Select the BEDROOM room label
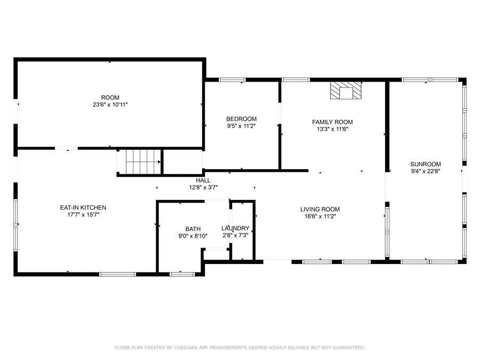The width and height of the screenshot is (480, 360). pyautogui.click(x=241, y=119)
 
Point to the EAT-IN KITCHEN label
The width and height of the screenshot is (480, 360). pyautogui.click(x=83, y=207)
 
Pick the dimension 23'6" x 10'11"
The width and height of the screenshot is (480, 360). pyautogui.click(x=110, y=105)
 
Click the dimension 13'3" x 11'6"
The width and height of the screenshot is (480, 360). pyautogui.click(x=332, y=129)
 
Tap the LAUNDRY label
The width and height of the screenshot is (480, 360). pyautogui.click(x=235, y=228)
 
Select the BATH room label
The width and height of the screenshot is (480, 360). pyautogui.click(x=193, y=229)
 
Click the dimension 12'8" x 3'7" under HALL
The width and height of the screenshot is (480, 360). pyautogui.click(x=203, y=187)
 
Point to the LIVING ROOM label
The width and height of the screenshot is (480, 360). pyautogui.click(x=319, y=209)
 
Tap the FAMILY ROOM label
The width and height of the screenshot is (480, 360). pyautogui.click(x=332, y=122)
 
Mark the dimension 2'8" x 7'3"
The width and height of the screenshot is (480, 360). pyautogui.click(x=235, y=235)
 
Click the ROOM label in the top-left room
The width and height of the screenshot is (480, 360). pyautogui.click(x=110, y=98)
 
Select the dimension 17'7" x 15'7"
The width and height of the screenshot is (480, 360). pyautogui.click(x=83, y=214)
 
